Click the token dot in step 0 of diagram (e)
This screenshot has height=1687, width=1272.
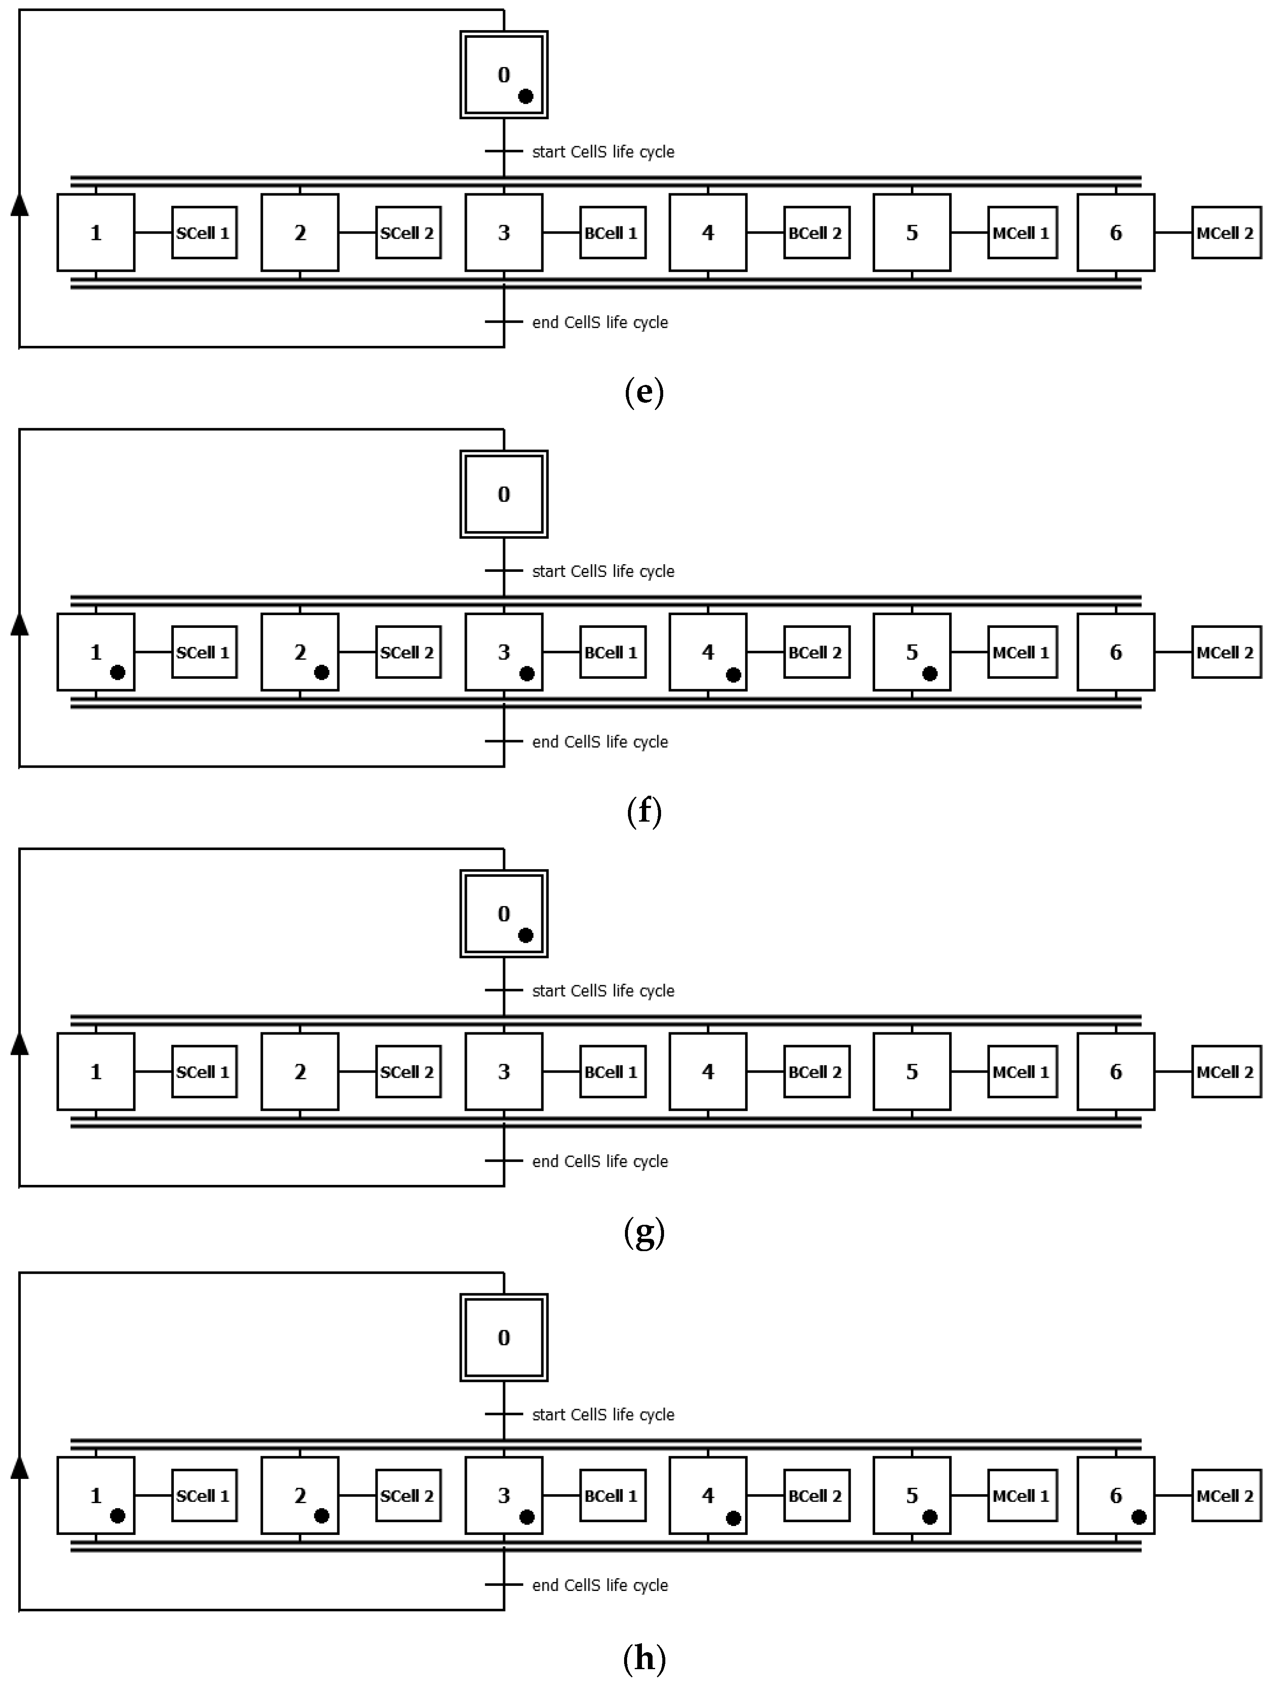526,96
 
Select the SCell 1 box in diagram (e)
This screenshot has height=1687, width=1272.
204,233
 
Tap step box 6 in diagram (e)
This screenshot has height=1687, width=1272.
1116,233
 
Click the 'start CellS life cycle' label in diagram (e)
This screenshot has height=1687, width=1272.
602,152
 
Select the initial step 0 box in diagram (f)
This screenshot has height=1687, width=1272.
504,494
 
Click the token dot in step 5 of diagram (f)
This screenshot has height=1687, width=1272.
930,673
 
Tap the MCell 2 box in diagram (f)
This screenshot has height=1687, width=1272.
1226,652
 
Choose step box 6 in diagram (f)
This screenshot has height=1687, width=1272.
1116,652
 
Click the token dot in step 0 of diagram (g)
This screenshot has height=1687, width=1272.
526,935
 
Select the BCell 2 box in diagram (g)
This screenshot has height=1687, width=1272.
816,1071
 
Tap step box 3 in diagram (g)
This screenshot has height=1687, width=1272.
504,1071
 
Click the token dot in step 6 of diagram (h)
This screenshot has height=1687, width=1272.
1139,1517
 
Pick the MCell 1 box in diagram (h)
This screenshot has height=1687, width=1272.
1022,1495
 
